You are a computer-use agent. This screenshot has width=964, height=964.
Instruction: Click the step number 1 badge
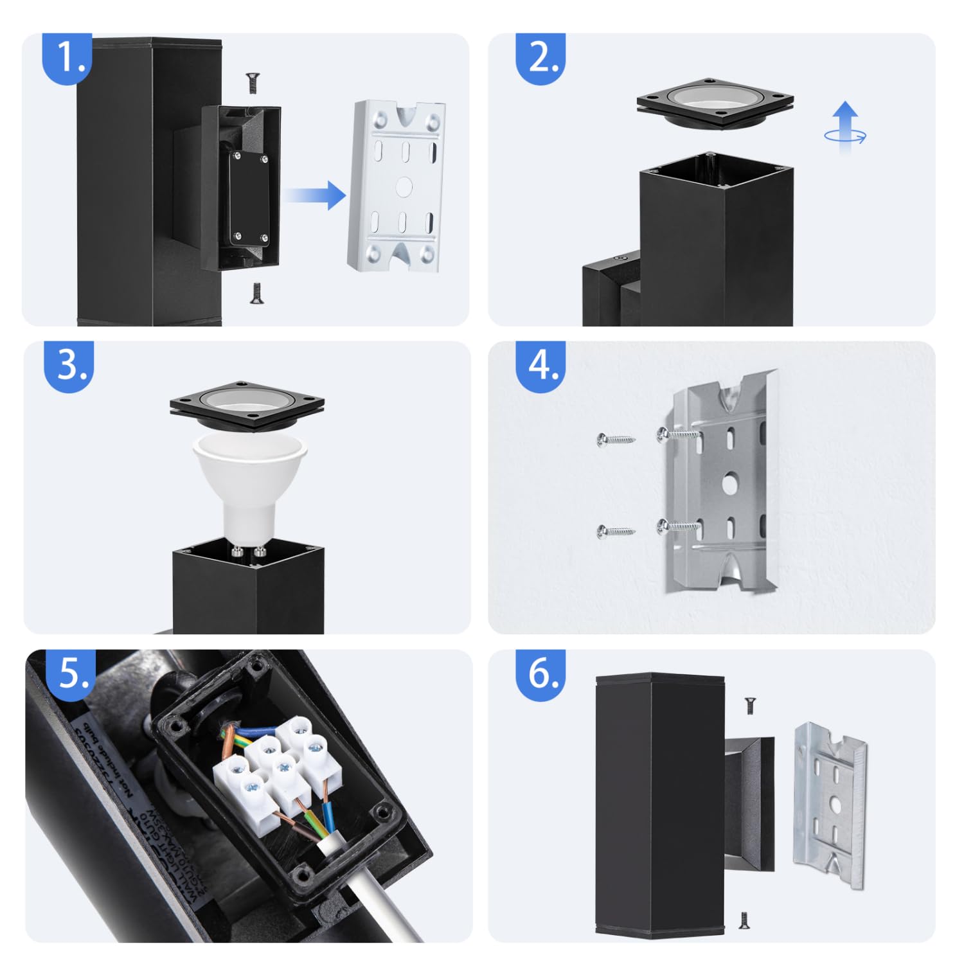(67, 58)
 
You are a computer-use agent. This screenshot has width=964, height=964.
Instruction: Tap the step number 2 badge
(540, 58)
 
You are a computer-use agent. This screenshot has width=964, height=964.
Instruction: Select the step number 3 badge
(69, 366)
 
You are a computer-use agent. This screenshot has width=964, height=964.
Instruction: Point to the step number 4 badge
(540, 366)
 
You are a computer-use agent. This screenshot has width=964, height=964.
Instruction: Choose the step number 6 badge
(540, 674)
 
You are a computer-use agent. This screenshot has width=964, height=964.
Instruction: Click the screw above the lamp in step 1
(253, 83)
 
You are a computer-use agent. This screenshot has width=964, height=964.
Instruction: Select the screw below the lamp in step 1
(256, 293)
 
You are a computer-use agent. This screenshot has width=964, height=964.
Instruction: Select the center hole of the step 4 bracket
(729, 483)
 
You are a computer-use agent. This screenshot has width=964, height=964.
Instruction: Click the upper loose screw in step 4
(615, 440)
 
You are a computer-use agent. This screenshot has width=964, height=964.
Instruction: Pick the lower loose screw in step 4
(615, 531)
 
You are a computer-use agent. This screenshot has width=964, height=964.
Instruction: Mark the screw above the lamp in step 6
(749, 705)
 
